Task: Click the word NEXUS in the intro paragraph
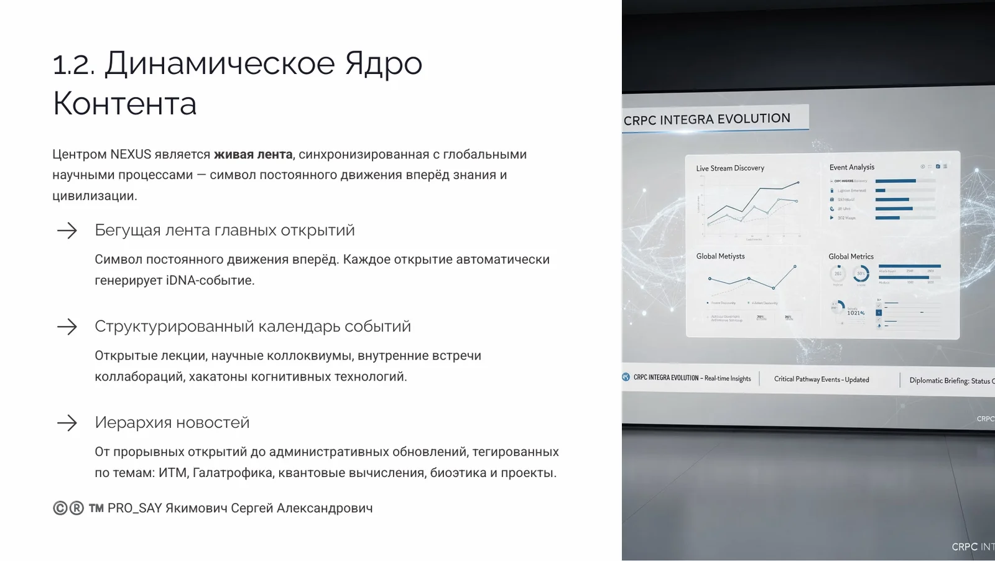(130, 154)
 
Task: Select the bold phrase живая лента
(253, 154)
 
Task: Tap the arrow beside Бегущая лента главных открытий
(67, 231)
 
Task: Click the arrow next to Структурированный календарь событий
(67, 327)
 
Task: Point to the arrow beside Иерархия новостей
(67, 423)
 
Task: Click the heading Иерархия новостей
(172, 422)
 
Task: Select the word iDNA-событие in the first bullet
(210, 280)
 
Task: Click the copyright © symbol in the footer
(60, 508)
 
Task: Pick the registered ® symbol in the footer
(76, 508)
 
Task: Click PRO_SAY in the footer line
(134, 508)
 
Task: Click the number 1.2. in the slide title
(73, 64)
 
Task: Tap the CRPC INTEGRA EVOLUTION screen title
(706, 119)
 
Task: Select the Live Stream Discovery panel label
(730, 168)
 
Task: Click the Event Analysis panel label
(851, 167)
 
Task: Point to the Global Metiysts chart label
(720, 256)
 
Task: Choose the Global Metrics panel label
(851, 256)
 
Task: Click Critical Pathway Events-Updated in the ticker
(821, 379)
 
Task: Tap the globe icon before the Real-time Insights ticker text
(626, 377)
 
